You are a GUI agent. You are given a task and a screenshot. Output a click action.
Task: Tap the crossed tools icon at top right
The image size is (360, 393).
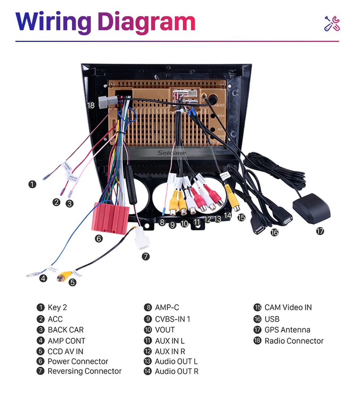click(332, 24)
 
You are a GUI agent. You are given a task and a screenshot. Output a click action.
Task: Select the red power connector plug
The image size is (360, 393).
click(110, 217)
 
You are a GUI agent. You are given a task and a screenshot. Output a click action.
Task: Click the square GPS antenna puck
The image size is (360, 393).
click(311, 207)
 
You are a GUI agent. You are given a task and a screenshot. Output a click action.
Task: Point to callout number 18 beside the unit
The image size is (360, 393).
click(91, 106)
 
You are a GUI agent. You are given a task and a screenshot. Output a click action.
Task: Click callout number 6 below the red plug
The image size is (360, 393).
click(98, 239)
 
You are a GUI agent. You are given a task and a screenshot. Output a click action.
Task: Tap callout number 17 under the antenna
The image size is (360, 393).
click(320, 231)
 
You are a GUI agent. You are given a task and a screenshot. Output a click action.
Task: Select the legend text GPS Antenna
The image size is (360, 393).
click(287, 330)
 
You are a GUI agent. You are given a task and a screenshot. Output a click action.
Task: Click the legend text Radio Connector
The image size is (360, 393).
click(294, 341)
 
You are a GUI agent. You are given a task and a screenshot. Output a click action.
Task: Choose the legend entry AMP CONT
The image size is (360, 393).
click(66, 341)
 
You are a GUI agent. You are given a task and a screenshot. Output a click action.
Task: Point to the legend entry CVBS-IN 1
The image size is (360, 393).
click(172, 319)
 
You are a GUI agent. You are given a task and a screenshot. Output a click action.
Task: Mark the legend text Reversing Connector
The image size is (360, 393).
click(84, 371)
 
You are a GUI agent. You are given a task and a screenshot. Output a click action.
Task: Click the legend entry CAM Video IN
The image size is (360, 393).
click(288, 307)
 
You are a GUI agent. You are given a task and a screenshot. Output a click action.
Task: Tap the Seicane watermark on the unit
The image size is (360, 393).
click(172, 153)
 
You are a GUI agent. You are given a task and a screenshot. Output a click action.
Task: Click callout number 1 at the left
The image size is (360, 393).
click(33, 184)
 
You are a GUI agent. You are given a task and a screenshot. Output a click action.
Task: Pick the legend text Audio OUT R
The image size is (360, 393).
click(176, 371)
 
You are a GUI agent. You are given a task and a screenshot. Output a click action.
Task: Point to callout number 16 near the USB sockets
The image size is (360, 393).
click(274, 232)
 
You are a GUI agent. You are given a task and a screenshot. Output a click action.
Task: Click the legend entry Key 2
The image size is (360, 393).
click(57, 307)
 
